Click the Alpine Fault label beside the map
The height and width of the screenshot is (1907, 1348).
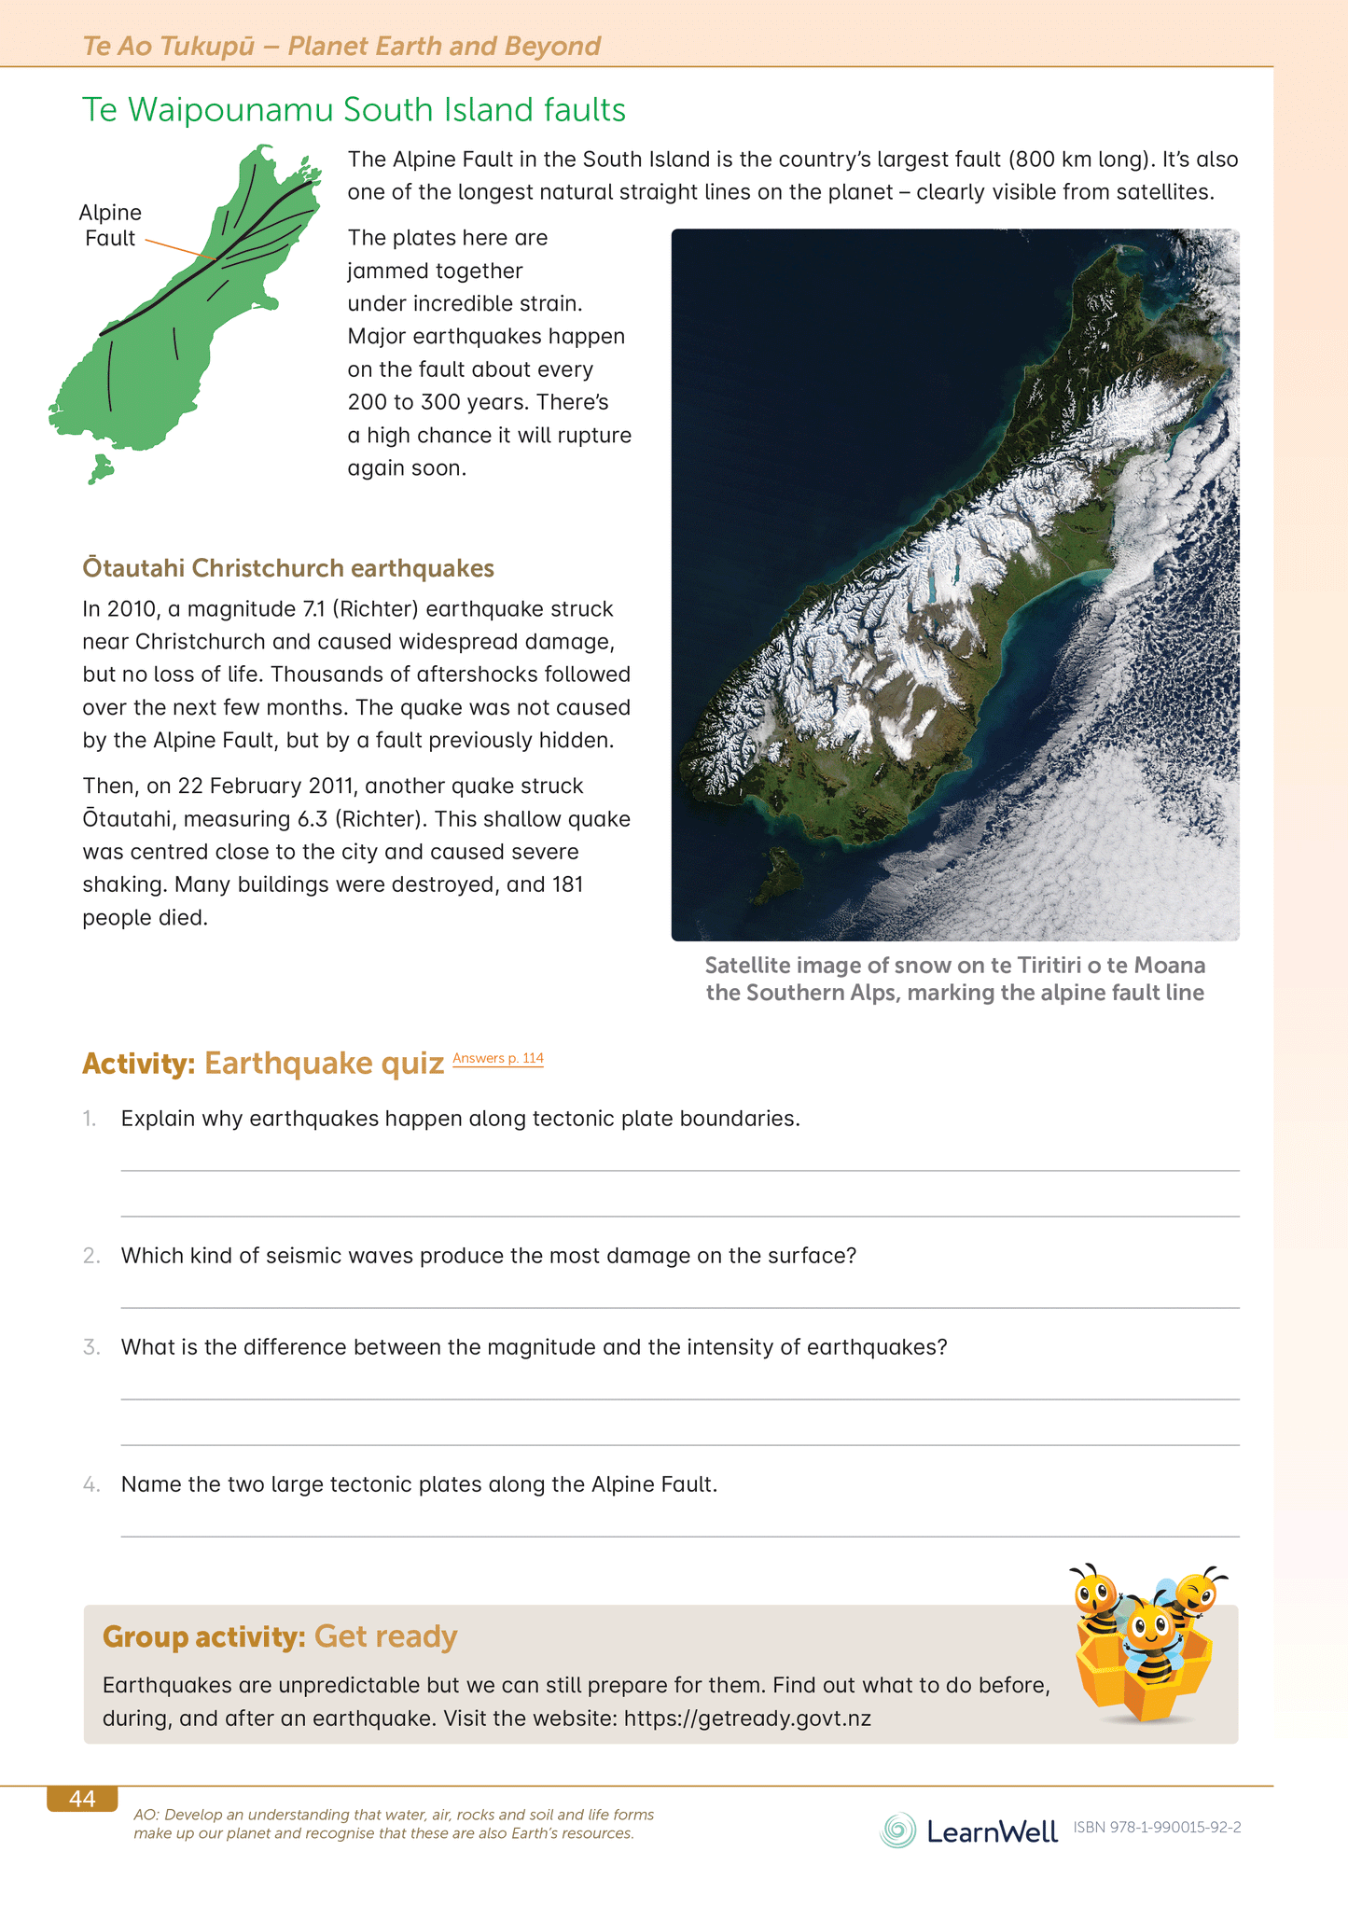pyautogui.click(x=110, y=225)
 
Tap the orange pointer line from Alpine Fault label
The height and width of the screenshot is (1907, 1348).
pyautogui.click(x=180, y=248)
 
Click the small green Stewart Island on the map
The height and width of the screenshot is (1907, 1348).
pyautogui.click(x=100, y=467)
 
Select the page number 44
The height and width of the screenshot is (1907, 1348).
pyautogui.click(x=82, y=1799)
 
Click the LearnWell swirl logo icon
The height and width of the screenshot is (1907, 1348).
pyautogui.click(x=897, y=1830)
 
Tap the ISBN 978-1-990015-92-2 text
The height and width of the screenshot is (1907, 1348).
pyautogui.click(x=1157, y=1828)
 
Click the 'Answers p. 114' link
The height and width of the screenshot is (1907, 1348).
pyautogui.click(x=497, y=1058)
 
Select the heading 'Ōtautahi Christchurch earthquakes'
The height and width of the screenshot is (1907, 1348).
pyautogui.click(x=287, y=568)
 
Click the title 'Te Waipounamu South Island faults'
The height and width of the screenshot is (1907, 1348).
pyautogui.click(x=354, y=110)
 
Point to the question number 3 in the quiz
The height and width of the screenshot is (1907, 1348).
pyautogui.click(x=90, y=1347)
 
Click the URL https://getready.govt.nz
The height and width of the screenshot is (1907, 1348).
pyautogui.click(x=746, y=1719)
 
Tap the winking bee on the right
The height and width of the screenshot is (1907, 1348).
pyautogui.click(x=1195, y=1594)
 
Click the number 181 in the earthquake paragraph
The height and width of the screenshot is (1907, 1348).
pyautogui.click(x=567, y=884)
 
